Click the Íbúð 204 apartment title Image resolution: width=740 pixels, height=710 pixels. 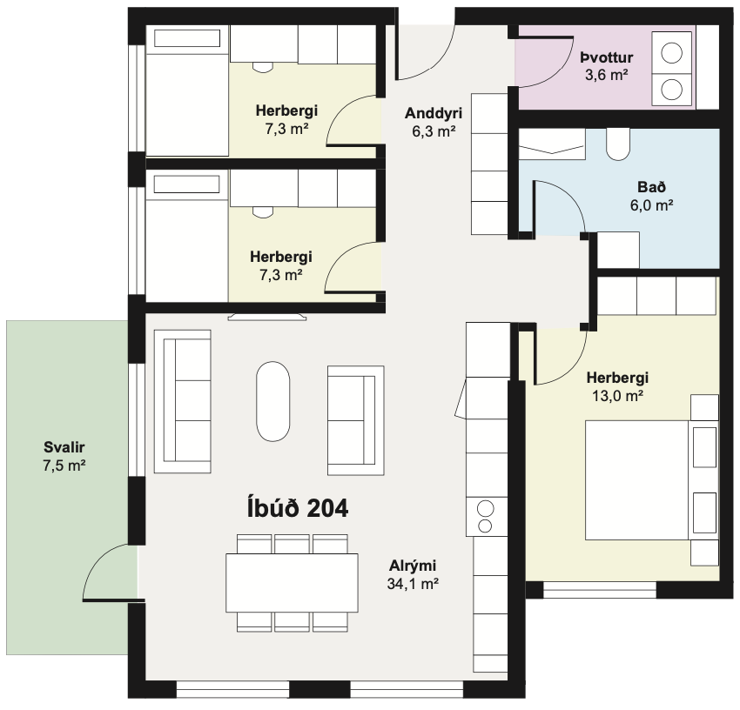click(x=298, y=508)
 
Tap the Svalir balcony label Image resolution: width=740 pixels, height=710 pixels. click(x=64, y=447)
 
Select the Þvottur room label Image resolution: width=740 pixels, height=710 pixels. click(x=607, y=57)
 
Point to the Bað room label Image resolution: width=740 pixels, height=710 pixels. click(x=651, y=187)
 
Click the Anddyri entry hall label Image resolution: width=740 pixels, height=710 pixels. click(x=434, y=113)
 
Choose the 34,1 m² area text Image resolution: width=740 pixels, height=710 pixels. click(x=413, y=584)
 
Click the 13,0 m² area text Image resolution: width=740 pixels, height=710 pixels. click(x=617, y=396)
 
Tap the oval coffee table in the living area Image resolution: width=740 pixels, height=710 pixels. click(x=272, y=401)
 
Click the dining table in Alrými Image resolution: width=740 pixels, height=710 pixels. click(x=292, y=583)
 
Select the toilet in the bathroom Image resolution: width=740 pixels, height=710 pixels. click(x=618, y=144)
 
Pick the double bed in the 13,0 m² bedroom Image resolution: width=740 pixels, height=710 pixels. click(x=651, y=479)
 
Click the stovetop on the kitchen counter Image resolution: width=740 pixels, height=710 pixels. click(x=486, y=517)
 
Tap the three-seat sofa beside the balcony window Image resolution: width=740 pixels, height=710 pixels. click(x=182, y=401)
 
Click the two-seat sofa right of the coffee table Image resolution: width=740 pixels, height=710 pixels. click(x=356, y=420)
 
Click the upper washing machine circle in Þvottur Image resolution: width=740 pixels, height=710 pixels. click(x=671, y=52)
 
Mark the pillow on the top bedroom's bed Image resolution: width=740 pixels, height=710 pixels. click(x=187, y=38)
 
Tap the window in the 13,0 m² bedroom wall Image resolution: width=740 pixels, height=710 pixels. click(x=599, y=590)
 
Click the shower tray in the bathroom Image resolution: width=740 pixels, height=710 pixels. click(x=552, y=144)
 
